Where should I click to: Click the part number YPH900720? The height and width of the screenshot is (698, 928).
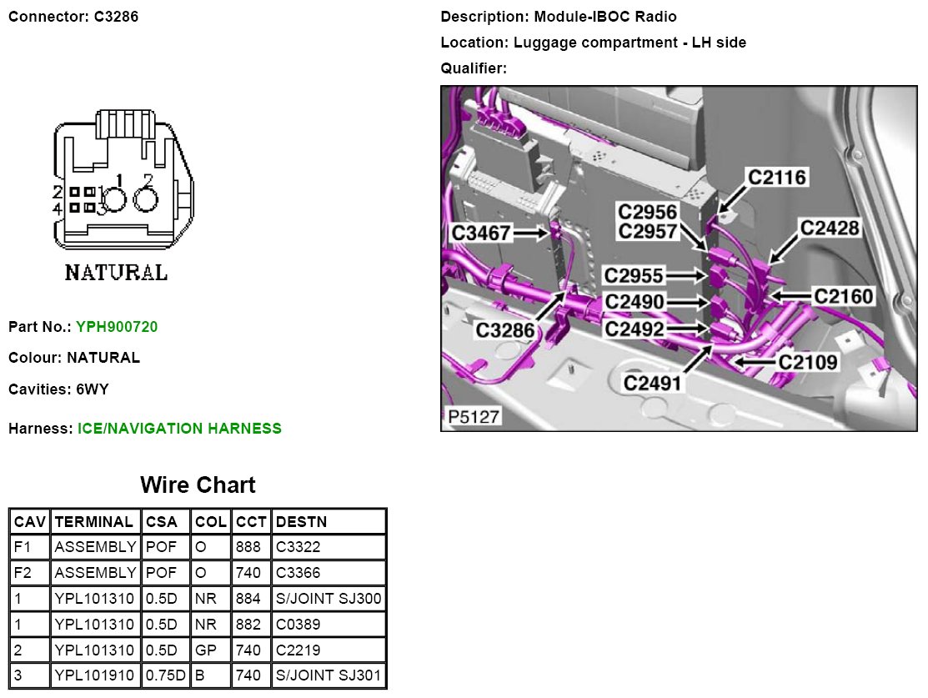pos(117,327)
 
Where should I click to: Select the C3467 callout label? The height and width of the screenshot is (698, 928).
pos(481,233)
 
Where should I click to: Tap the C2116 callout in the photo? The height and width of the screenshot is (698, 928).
pos(777,177)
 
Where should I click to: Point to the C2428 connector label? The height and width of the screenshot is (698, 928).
pos(830,227)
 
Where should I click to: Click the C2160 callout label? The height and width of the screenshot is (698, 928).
pos(843,296)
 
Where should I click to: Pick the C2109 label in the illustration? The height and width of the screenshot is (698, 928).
pos(808,362)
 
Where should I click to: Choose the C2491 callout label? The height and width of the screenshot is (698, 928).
pos(653,383)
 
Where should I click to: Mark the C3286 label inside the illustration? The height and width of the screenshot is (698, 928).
pos(505,330)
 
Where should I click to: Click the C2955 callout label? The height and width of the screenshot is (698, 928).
pos(635,275)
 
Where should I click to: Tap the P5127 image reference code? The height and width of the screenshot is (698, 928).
pos(471,416)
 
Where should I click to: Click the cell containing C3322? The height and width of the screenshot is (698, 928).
pos(298,547)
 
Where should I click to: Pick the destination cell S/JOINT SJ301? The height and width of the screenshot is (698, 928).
pos(329,675)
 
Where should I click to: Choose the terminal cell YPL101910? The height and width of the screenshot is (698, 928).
pos(94,675)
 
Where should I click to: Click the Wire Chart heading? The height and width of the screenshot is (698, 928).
pos(198,485)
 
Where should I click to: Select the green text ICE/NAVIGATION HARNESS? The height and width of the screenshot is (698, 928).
pos(179,429)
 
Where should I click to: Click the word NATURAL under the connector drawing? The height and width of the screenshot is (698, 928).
pos(116,273)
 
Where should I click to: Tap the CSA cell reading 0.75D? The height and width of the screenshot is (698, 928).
pos(165,675)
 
